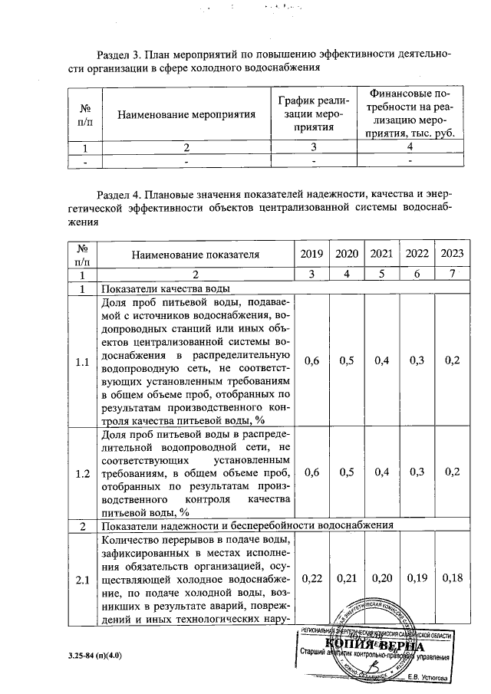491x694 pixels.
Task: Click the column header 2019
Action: (311, 254)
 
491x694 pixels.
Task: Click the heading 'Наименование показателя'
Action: (195, 254)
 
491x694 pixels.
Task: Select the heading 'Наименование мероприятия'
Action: (186, 114)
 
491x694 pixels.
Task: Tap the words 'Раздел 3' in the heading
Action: (121, 55)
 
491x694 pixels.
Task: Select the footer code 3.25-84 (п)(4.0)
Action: (89, 656)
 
